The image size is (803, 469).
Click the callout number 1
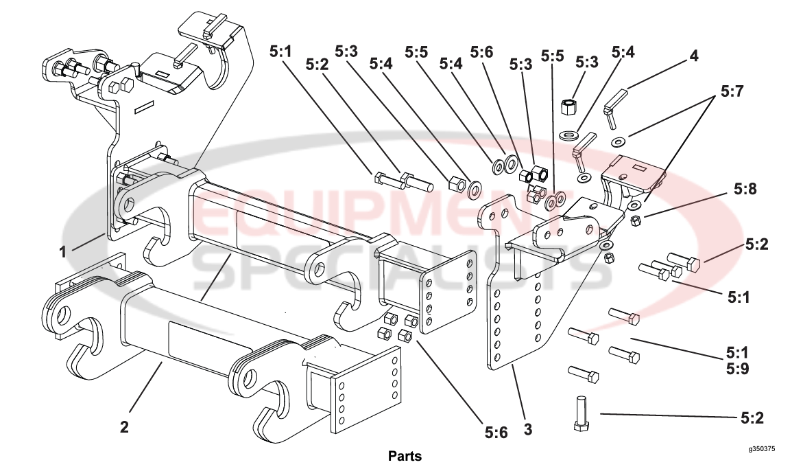point(62,251)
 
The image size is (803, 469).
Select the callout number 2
point(124,426)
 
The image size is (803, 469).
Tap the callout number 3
point(527,431)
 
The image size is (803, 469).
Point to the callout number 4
point(694,56)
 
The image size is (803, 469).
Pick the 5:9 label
point(736,368)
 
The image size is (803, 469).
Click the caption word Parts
point(405,456)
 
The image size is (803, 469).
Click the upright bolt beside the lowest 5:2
point(580,413)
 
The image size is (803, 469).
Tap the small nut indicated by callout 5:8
point(635,220)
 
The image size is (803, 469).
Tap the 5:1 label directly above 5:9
point(736,354)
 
